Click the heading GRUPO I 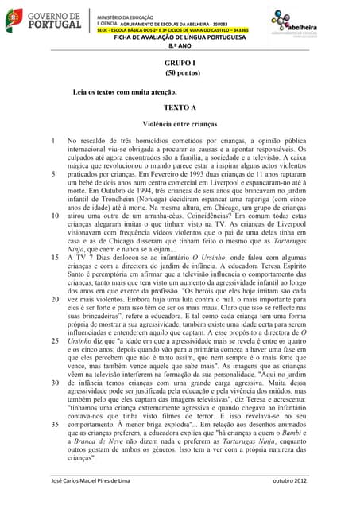(180, 62)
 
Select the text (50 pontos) (180, 72)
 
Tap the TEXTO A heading (180, 107)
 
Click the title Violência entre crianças (180, 125)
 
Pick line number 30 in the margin (53, 383)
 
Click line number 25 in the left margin (53, 341)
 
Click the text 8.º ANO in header (180, 46)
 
